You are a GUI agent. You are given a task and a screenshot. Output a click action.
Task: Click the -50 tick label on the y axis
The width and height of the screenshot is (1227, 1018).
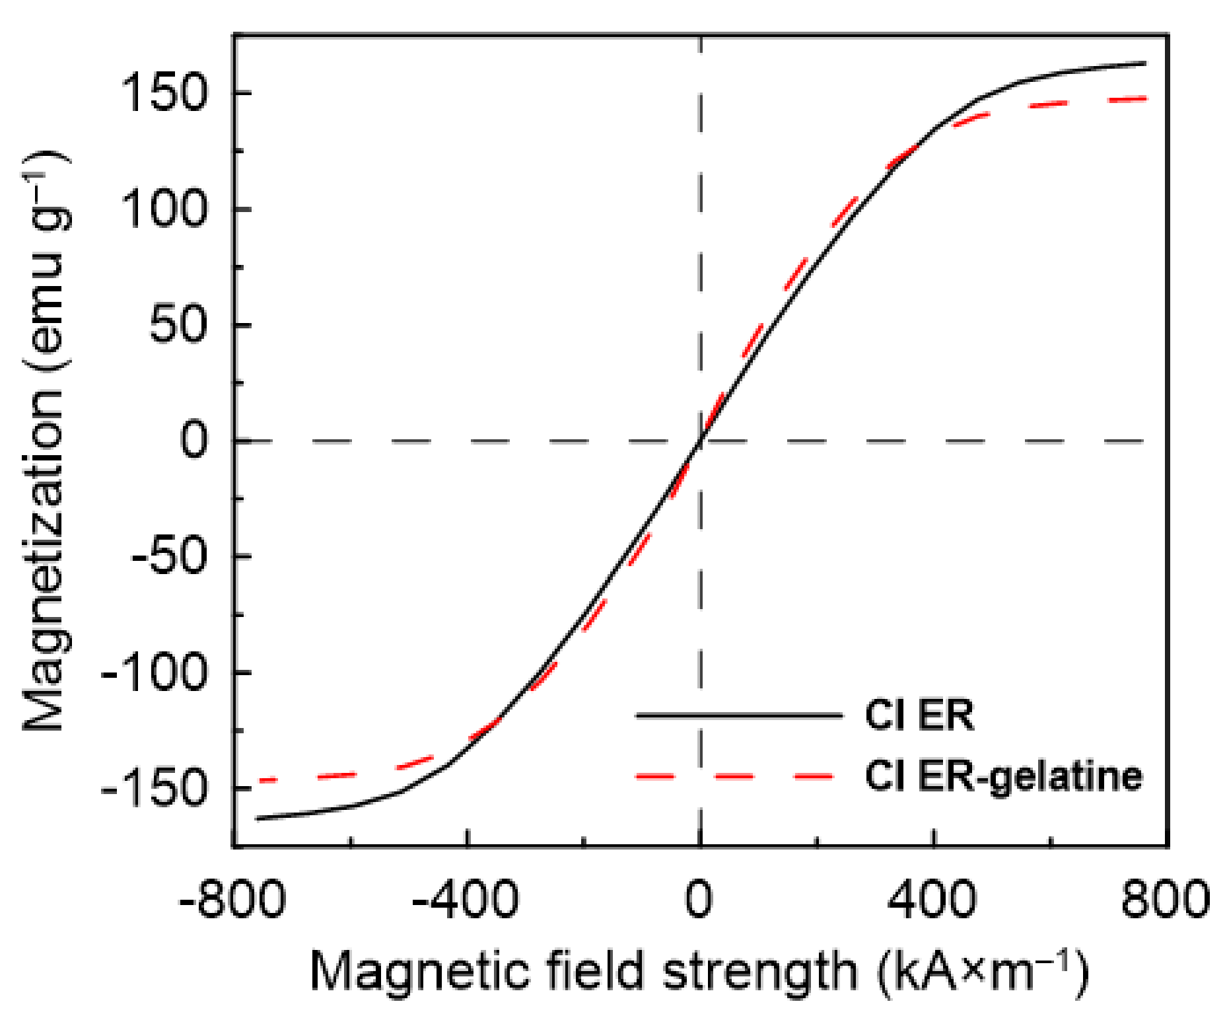click(173, 557)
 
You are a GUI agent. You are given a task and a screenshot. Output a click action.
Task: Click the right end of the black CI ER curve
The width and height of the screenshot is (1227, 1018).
click(1144, 63)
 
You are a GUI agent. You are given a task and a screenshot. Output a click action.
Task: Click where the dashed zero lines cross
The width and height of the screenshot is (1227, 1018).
click(701, 441)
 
